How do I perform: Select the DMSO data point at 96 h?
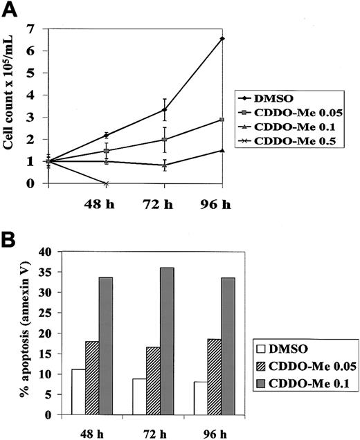point(222,39)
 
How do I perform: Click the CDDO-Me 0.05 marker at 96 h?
point(222,120)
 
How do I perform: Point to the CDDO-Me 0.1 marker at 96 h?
point(222,150)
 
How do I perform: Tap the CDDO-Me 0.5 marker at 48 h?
point(106,183)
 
